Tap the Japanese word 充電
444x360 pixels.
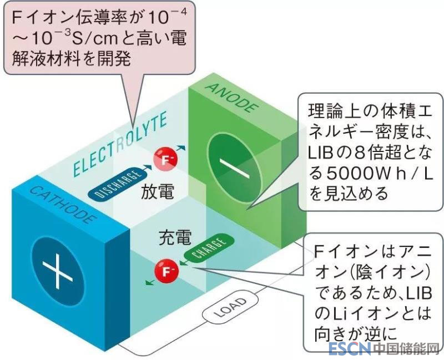(175, 238)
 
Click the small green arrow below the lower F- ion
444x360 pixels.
(149, 282)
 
